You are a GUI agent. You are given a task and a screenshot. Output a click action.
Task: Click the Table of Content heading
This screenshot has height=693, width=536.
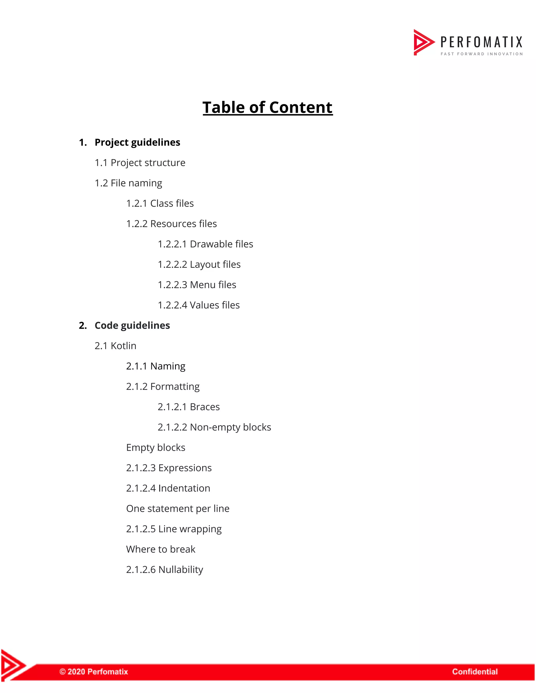pyautogui.click(x=267, y=107)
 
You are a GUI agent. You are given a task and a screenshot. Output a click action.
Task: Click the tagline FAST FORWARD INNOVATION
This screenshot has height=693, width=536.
pyautogui.click(x=481, y=54)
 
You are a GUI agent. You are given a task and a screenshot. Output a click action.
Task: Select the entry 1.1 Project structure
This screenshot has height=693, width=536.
pyautogui.click(x=140, y=163)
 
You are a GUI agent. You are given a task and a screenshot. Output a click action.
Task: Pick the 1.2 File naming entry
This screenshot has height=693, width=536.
pyautogui.click(x=128, y=183)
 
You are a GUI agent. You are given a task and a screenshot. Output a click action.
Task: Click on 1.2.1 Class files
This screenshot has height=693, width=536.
pyautogui.click(x=160, y=203)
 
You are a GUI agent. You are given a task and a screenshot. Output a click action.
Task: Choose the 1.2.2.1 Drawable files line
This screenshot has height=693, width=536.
pyautogui.click(x=205, y=244)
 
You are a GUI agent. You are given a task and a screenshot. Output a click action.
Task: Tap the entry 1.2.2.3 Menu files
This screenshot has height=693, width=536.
pyautogui.click(x=197, y=285)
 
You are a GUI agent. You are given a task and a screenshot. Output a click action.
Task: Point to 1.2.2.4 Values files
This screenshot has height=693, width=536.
pyautogui.click(x=198, y=305)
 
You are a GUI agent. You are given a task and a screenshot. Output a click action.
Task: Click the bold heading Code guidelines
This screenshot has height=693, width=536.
pyautogui.click(x=132, y=325)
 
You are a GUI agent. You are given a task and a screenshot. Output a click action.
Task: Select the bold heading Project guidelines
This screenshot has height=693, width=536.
pyautogui.click(x=137, y=142)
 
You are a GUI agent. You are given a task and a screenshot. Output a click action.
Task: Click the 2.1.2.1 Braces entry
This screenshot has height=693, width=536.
pyautogui.click(x=189, y=407)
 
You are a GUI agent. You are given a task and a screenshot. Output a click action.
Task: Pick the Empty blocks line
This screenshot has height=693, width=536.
pyautogui.click(x=156, y=447)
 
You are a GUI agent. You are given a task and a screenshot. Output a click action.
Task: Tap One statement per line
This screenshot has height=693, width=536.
pyautogui.click(x=177, y=508)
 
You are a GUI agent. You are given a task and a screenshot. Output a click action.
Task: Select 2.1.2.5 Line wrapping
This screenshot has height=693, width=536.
pyautogui.click(x=174, y=529)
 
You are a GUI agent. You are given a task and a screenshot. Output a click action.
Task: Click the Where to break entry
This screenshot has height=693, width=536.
pyautogui.click(x=161, y=549)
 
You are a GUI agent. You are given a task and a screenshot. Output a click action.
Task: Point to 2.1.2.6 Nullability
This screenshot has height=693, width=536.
pyautogui.click(x=164, y=570)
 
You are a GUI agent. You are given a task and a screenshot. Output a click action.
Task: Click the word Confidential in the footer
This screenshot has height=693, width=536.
pyautogui.click(x=475, y=672)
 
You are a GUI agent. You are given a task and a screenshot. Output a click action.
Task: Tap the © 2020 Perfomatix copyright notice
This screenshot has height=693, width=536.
pyautogui.click(x=94, y=672)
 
